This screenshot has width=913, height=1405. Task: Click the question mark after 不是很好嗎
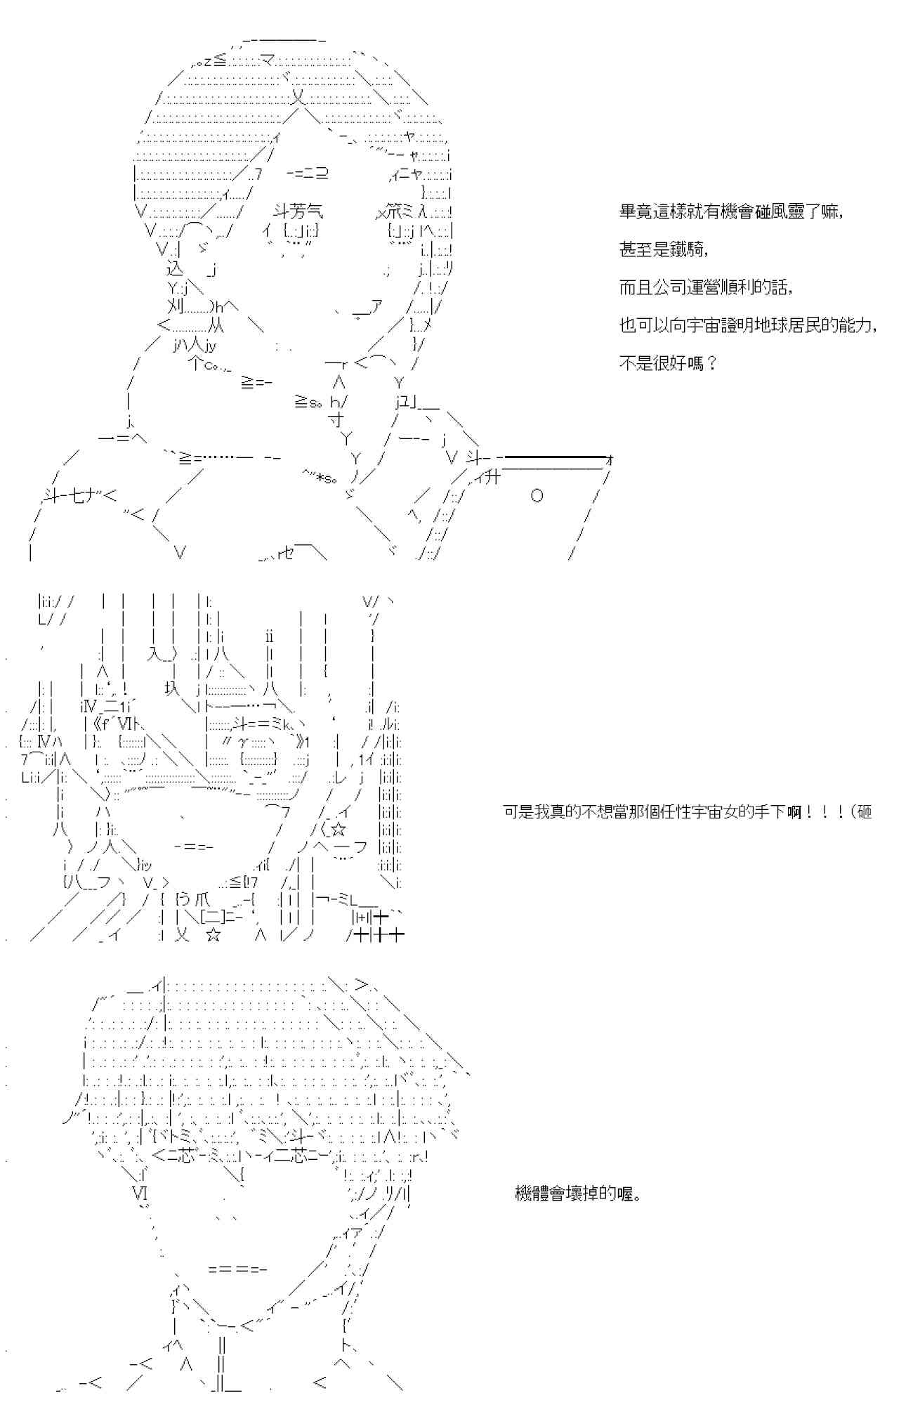(711, 364)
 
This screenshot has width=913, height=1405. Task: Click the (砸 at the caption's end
(861, 812)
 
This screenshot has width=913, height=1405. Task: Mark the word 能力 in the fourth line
(856, 325)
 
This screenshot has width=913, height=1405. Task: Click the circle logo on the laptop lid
(537, 497)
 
